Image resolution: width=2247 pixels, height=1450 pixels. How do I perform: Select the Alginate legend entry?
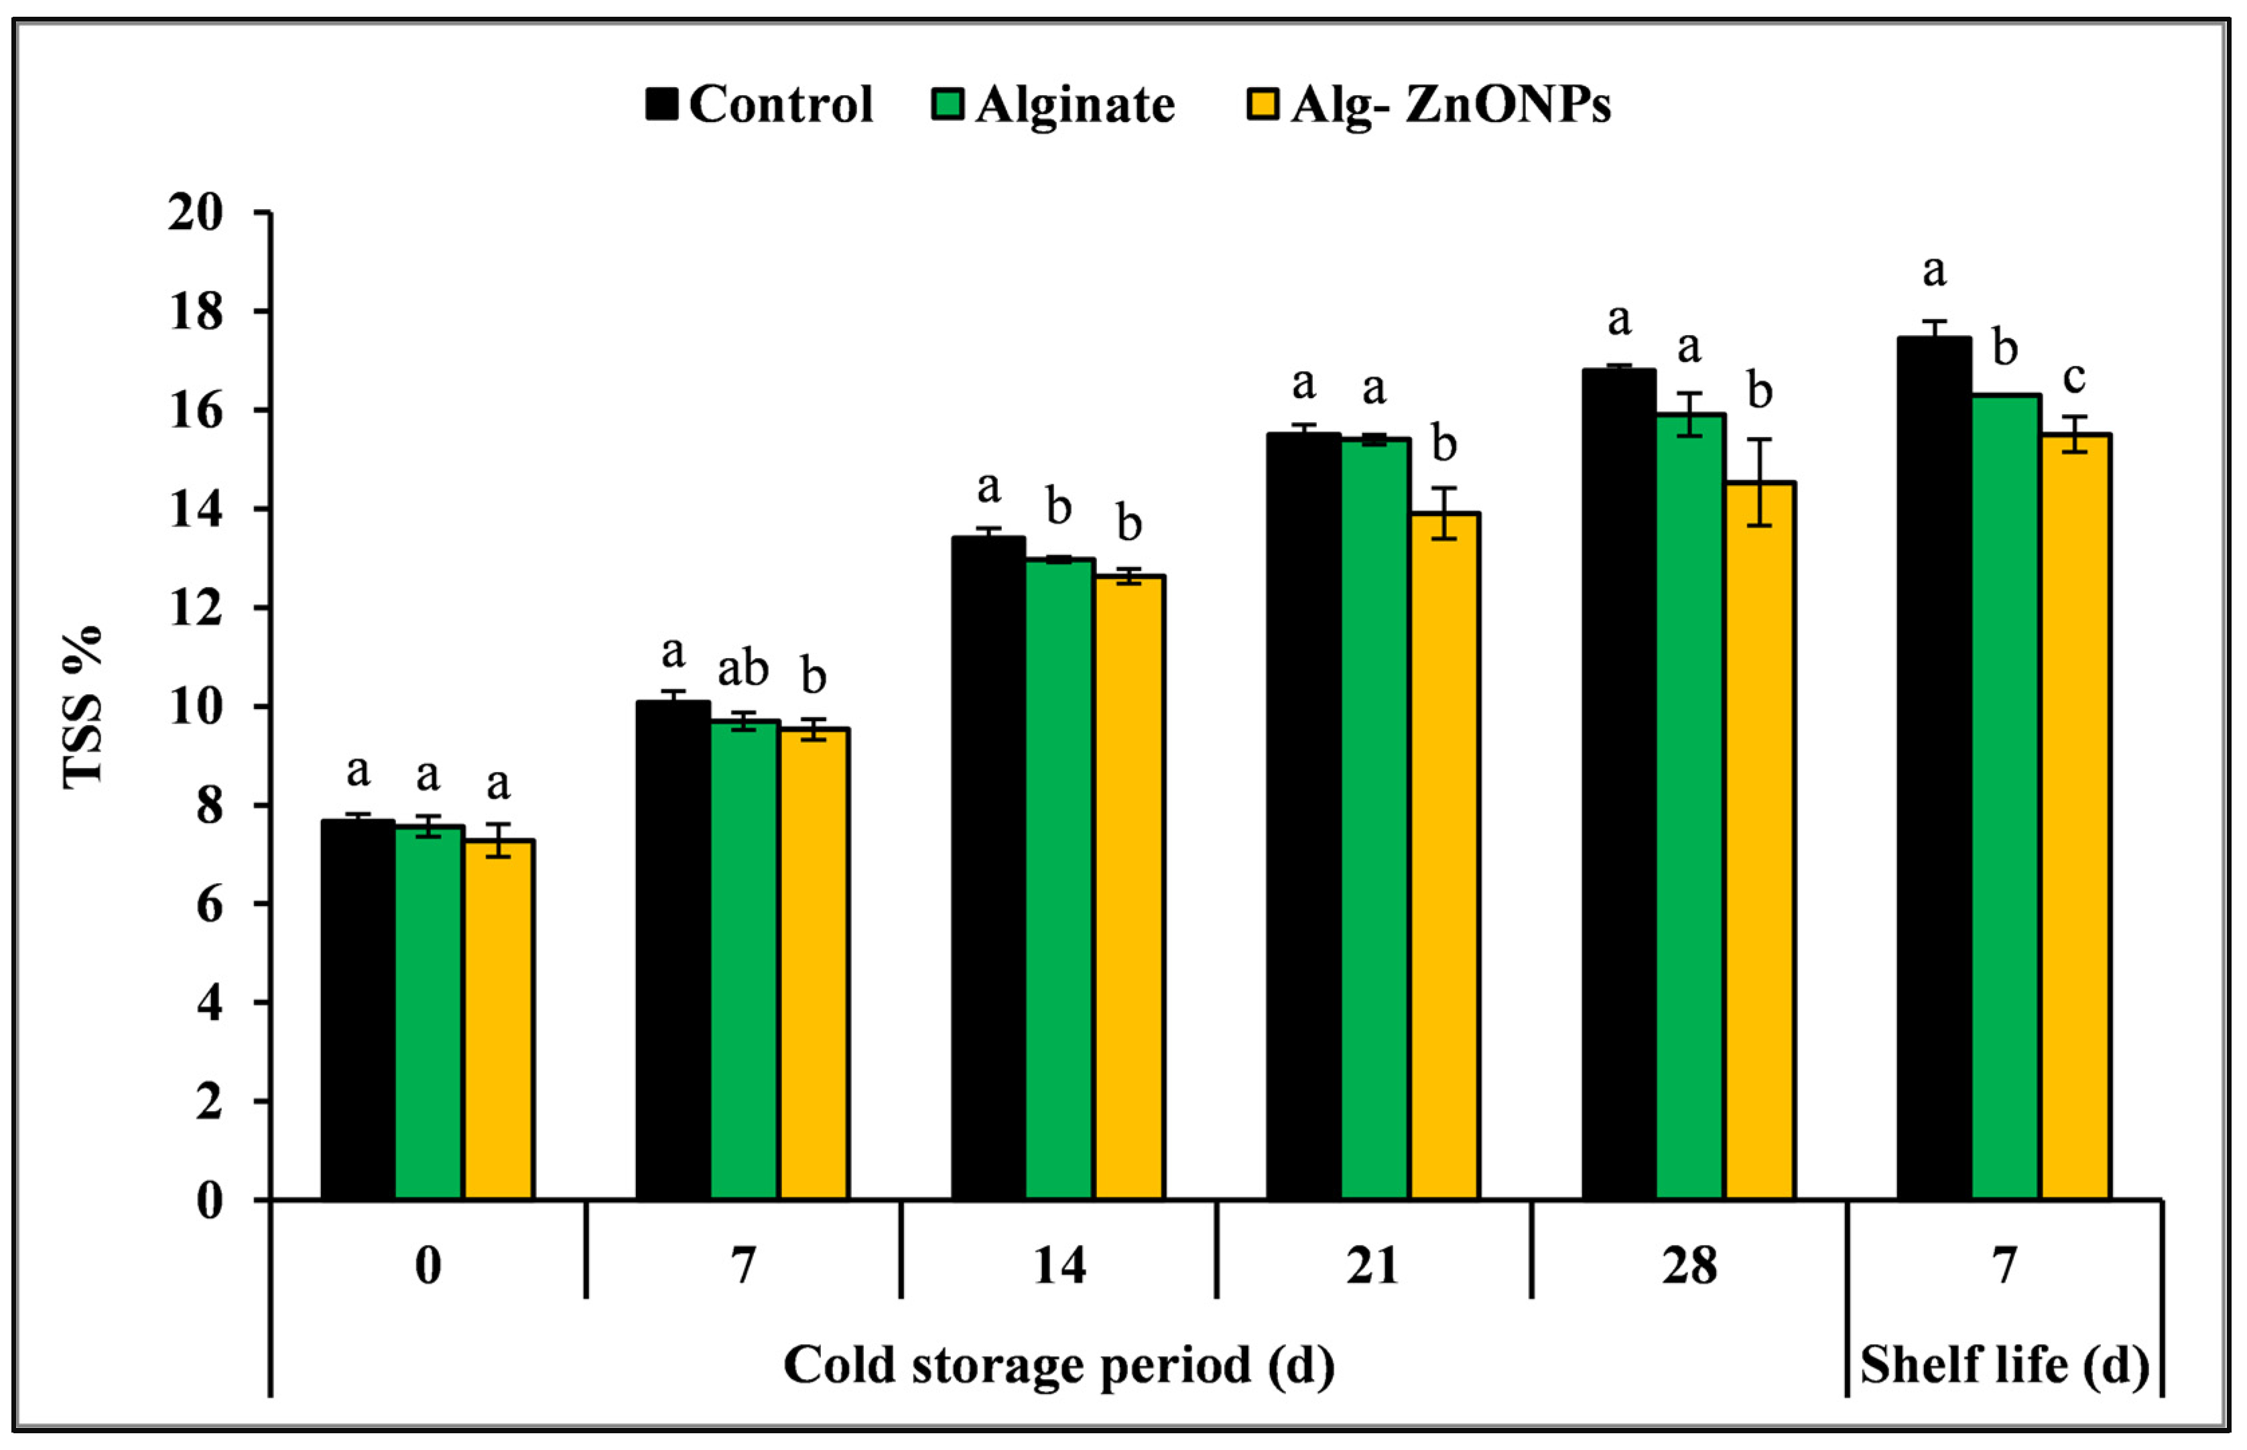pyautogui.click(x=1053, y=105)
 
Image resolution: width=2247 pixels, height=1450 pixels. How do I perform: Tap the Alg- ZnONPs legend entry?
pyautogui.click(x=1427, y=105)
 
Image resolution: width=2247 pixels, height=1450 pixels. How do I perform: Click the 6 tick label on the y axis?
pyautogui.click(x=208, y=905)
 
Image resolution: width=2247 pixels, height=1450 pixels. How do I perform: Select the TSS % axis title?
pyautogui.click(x=83, y=706)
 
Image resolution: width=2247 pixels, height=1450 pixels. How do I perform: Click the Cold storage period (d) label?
pyautogui.click(x=1059, y=1366)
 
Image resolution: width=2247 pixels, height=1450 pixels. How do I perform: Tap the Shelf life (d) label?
pyautogui.click(x=2004, y=1366)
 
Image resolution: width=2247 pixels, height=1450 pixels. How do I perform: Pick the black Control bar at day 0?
pyautogui.click(x=357, y=1008)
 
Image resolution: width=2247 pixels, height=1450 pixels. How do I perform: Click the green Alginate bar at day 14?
pyautogui.click(x=1059, y=876)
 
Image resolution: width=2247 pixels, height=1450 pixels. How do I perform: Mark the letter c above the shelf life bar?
pyautogui.click(x=2073, y=379)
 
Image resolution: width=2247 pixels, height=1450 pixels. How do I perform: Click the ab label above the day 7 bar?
pyautogui.click(x=743, y=669)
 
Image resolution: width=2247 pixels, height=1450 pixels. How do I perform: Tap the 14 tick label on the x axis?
pyautogui.click(x=1059, y=1266)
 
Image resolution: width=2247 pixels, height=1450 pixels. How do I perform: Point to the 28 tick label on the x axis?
pyautogui.click(x=1689, y=1266)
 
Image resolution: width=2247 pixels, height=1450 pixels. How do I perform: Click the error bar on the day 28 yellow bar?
pyautogui.click(x=1759, y=481)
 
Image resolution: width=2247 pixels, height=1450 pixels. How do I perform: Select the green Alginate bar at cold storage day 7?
pyautogui.click(x=744, y=960)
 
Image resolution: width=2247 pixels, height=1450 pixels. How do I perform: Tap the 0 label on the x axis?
pyautogui.click(x=428, y=1266)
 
